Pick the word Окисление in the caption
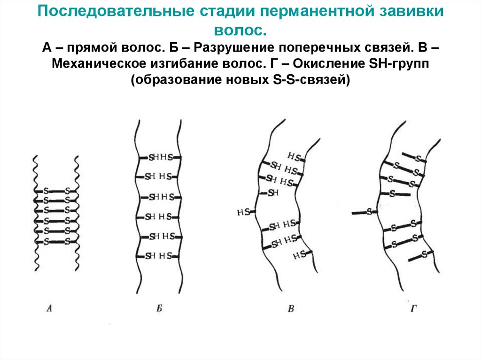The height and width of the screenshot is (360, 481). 304,64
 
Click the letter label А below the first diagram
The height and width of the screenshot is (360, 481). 51,308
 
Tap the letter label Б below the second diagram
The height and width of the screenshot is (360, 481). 159,308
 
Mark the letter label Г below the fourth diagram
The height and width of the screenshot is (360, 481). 413,308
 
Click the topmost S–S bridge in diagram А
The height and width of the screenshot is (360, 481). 56,191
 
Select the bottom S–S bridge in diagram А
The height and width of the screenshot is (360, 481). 56,242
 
